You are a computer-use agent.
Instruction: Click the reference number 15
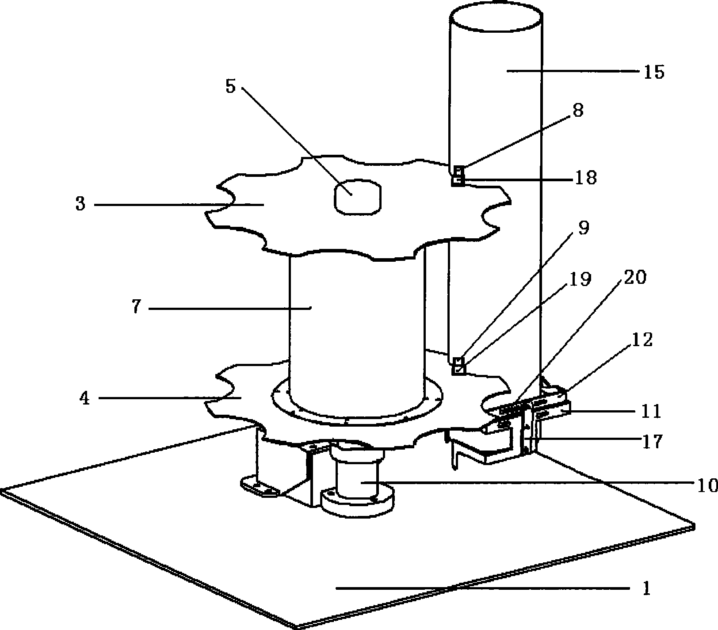pos(654,72)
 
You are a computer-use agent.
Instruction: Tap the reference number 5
pos(230,86)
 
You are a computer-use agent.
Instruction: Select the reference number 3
pos(80,205)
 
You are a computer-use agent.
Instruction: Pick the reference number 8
pos(578,111)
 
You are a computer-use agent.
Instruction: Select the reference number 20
pos(635,277)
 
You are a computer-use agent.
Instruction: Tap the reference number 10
pos(706,486)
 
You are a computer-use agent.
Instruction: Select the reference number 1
pos(646,588)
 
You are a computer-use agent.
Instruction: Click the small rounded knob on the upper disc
pos(357,197)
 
